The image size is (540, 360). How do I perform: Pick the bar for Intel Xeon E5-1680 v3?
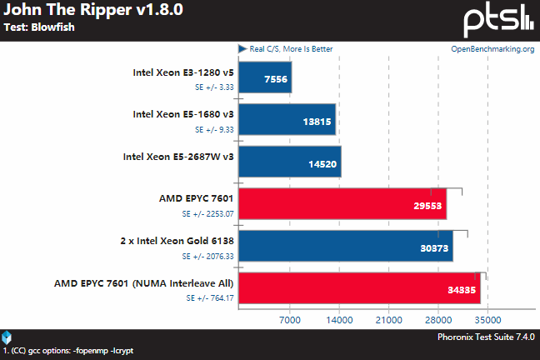tap(287, 119)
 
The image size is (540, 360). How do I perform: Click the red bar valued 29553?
tap(342, 204)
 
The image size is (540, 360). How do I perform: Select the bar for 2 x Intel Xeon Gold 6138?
tap(345, 247)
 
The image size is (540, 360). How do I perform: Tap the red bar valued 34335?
tap(359, 289)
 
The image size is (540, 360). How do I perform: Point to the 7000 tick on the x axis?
tap(289, 319)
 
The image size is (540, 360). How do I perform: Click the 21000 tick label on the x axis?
tap(388, 319)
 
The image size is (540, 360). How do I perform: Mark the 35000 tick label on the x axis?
tap(487, 319)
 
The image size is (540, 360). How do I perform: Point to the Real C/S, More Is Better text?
tap(291, 48)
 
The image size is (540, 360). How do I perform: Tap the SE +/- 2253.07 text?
tap(207, 212)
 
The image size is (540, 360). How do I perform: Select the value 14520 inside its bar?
tap(322, 164)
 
